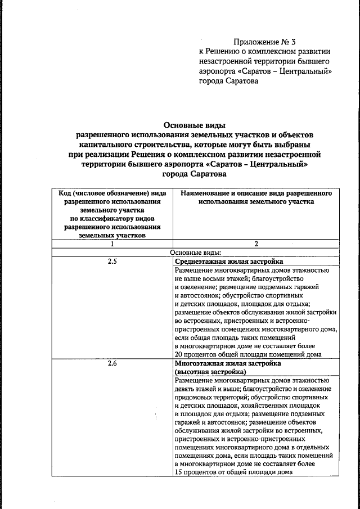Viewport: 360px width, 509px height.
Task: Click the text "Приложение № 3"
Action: [x=264, y=42]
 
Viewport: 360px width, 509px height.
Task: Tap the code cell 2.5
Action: [x=112, y=262]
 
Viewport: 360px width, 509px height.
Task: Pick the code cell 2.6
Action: [x=112, y=363]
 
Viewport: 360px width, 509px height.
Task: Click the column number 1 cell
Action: [x=112, y=244]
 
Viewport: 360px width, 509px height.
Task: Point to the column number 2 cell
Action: [x=256, y=244]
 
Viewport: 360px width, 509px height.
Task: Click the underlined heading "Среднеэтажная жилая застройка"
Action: [x=229, y=262]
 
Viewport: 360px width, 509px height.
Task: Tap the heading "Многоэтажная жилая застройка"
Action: [x=228, y=363]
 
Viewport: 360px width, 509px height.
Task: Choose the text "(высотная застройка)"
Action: [x=210, y=372]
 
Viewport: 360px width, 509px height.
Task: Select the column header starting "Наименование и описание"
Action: [x=256, y=197]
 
